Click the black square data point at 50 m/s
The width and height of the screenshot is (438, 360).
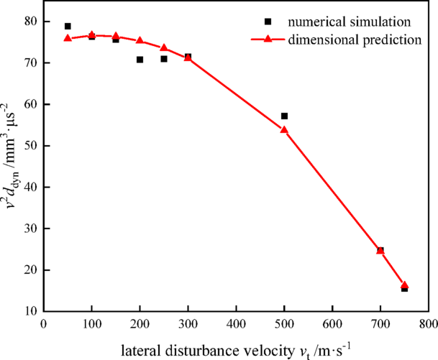68,27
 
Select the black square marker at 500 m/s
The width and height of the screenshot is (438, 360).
284,116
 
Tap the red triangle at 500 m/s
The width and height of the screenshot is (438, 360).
284,130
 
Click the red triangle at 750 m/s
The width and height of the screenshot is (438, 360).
404,285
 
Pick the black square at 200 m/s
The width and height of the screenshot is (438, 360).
140,60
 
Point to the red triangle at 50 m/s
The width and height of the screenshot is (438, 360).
68,38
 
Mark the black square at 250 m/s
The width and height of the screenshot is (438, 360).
164,59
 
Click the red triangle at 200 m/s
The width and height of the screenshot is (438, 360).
140,41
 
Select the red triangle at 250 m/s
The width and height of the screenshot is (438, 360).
164,47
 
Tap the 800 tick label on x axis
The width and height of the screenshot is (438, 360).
428,323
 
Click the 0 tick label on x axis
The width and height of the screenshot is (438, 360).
44,323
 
